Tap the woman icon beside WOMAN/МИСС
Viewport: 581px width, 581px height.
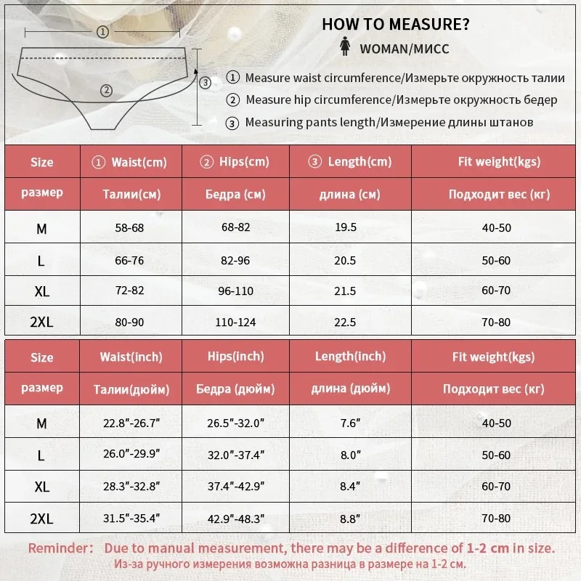pyautogui.click(x=344, y=49)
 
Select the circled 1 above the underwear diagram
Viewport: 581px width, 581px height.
pyautogui.click(x=102, y=31)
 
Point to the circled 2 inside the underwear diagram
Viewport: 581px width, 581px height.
pyautogui.click(x=106, y=90)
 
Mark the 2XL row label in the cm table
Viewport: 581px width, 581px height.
pyautogui.click(x=42, y=322)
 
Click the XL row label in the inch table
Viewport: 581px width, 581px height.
pyautogui.click(x=42, y=486)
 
